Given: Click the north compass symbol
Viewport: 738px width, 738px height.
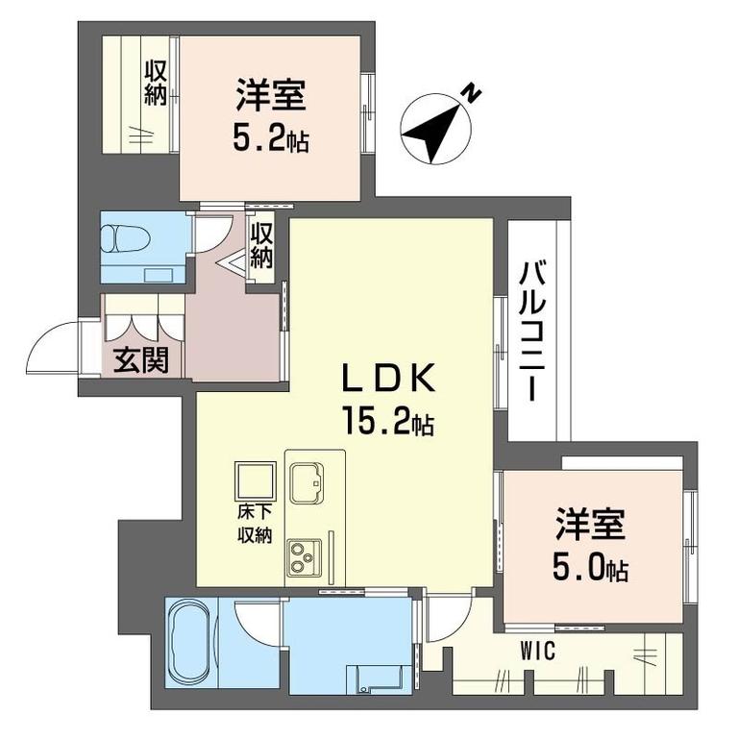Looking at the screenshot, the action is (435, 129).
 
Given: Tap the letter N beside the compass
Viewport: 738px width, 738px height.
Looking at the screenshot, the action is (472, 92).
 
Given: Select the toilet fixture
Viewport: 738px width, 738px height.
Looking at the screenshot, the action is (126, 239).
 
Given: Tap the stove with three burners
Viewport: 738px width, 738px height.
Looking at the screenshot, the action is (304, 557).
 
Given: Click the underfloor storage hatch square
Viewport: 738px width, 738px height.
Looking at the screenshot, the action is (256, 480).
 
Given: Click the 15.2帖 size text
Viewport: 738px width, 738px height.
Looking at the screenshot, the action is (389, 422).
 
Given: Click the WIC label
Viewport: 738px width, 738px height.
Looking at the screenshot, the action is (538, 652).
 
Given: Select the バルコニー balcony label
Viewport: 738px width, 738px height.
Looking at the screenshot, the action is (531, 332).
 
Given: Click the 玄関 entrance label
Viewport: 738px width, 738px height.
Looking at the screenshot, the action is (141, 360).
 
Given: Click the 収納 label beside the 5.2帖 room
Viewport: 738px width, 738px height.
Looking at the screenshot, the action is (156, 85).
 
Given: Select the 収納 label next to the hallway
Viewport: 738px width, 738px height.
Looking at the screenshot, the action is (261, 246).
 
